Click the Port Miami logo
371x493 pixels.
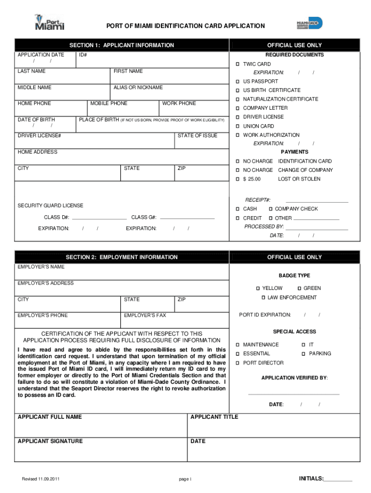tap(50, 22)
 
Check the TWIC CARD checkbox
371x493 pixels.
tap(238, 64)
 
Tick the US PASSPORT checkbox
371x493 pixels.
tap(238, 81)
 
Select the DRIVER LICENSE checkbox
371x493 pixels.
tap(238, 117)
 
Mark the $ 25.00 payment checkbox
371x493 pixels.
tap(238, 179)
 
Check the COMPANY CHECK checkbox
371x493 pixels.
tap(271, 209)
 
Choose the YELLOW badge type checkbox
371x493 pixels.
tap(258, 288)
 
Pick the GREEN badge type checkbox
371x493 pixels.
tap(299, 288)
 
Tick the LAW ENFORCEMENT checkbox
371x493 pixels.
tap(264, 298)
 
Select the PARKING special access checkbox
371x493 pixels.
tap(304, 354)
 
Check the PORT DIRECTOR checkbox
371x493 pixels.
tap(238, 363)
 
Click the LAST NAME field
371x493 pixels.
tap(63, 78)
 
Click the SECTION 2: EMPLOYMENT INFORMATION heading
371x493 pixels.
tap(122, 258)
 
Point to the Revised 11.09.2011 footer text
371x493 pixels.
tap(41, 479)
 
